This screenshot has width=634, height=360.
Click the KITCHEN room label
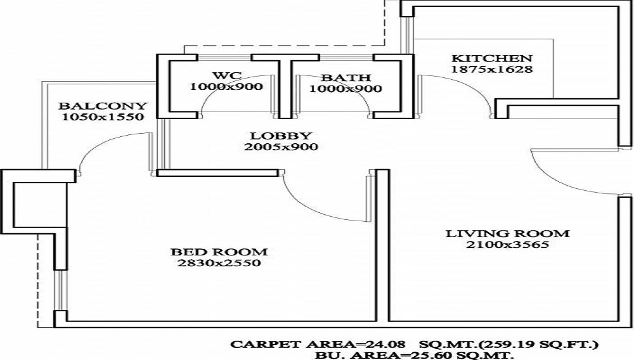click(491, 57)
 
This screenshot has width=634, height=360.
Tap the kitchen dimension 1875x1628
click(491, 69)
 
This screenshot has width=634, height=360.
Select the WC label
click(226, 75)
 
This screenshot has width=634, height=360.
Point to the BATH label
click(346, 78)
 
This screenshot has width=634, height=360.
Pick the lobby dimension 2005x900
click(281, 147)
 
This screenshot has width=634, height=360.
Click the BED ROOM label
click(219, 251)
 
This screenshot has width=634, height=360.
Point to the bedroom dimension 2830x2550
click(219, 263)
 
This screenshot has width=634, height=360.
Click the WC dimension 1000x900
click(226, 87)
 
